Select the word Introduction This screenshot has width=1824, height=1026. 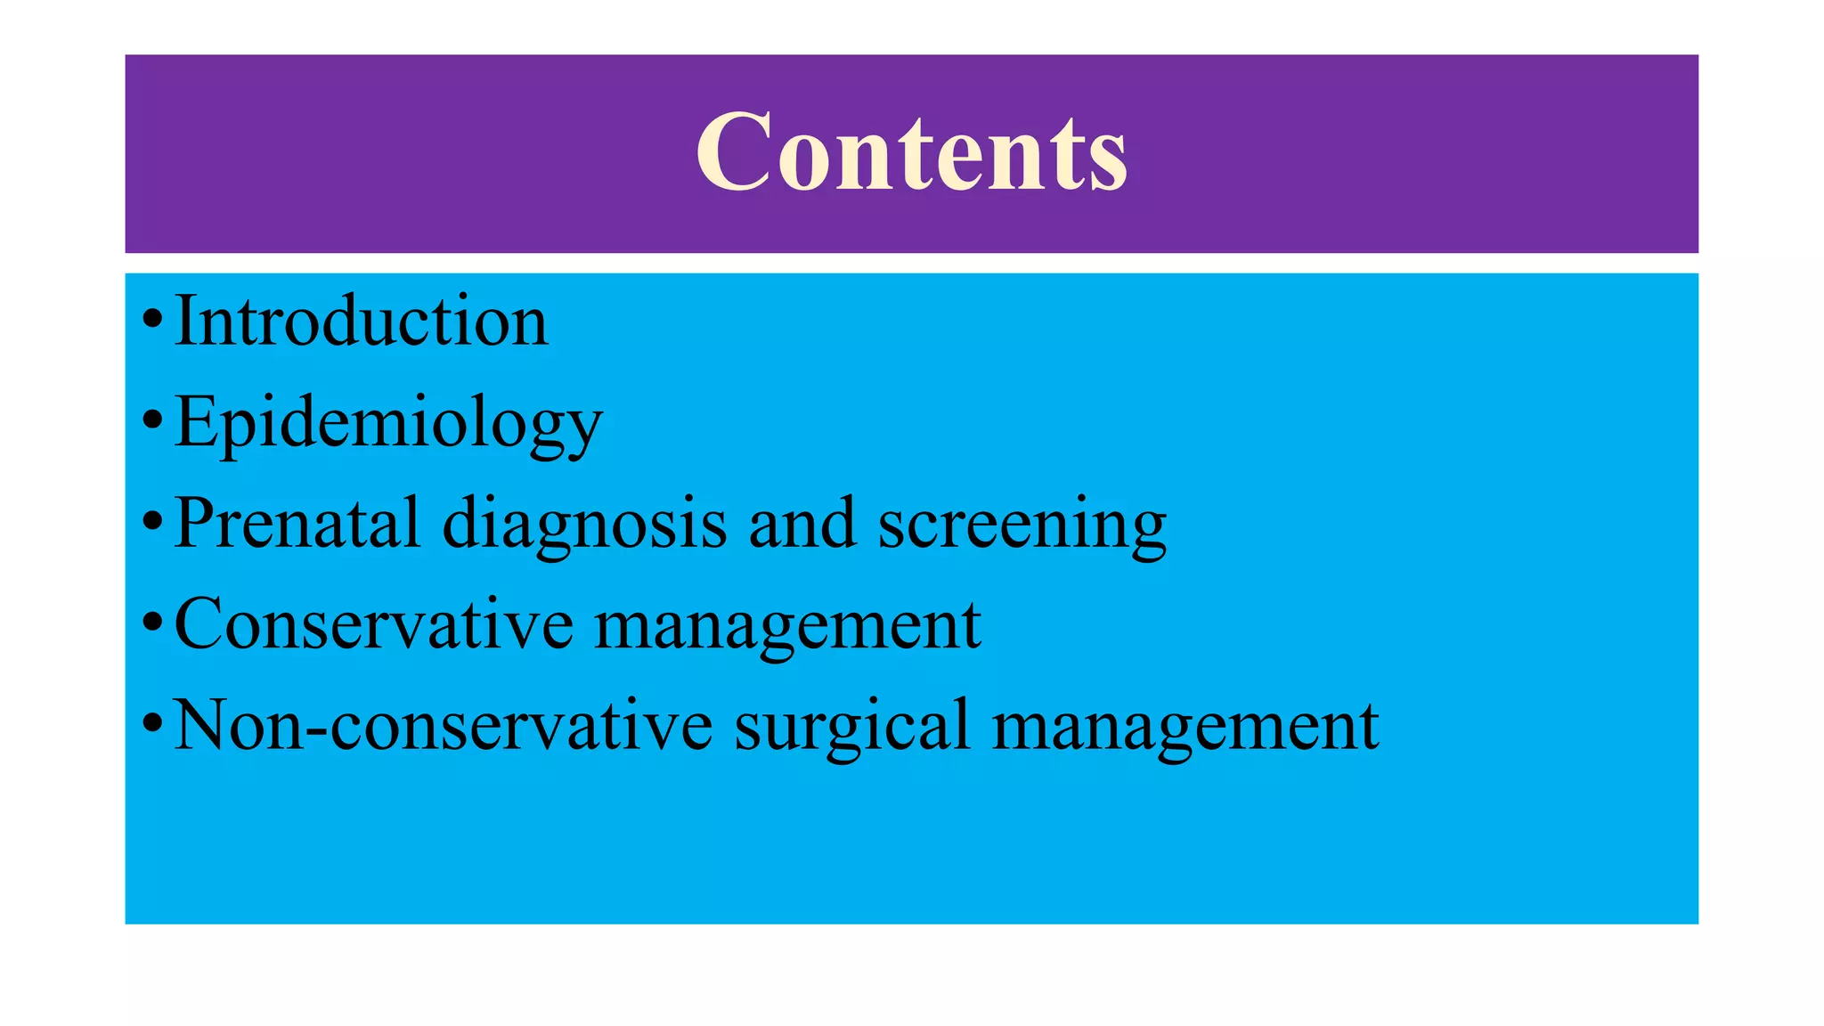(361, 322)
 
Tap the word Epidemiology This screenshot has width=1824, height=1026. (388, 423)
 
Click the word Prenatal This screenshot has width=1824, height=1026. (297, 524)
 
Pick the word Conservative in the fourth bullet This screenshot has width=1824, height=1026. (374, 625)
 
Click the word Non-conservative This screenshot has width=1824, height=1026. (443, 726)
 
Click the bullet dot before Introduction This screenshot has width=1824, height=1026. (152, 317)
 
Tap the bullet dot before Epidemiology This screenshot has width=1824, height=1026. (152, 418)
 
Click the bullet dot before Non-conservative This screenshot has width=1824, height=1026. (152, 721)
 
